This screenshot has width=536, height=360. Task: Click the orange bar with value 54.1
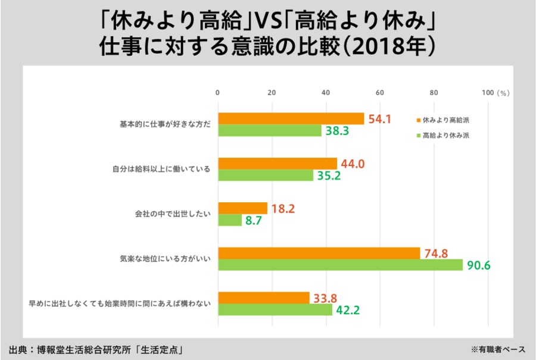pos(291,119)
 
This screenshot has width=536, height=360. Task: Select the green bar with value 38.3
pos(270,131)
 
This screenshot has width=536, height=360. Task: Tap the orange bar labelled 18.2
pos(242,208)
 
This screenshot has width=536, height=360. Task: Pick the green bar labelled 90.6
pos(341,265)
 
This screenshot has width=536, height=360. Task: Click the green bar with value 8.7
pos(230,220)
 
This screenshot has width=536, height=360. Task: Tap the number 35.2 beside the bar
pos(328,176)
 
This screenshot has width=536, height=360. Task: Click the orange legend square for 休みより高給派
pos(419,120)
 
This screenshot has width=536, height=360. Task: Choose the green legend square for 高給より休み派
pos(419,135)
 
